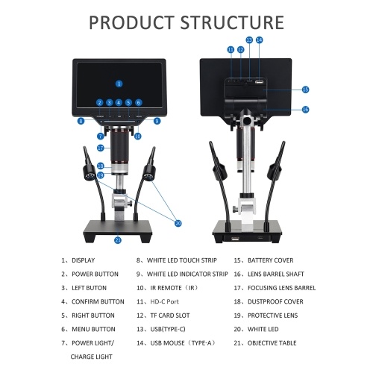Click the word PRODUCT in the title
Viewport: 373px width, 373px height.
(x=131, y=22)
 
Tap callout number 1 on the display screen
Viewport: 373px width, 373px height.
(x=119, y=84)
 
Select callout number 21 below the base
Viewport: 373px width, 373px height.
(x=118, y=240)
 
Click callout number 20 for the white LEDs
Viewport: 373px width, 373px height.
(x=178, y=223)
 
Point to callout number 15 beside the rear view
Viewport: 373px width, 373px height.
(x=305, y=90)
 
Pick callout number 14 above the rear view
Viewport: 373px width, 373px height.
(x=259, y=40)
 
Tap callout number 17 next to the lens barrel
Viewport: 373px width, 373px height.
(x=101, y=148)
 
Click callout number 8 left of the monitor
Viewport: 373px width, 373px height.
(x=81, y=121)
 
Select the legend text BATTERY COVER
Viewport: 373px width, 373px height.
(x=270, y=260)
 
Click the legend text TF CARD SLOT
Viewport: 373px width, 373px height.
(x=170, y=316)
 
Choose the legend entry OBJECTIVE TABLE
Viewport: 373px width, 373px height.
(x=272, y=343)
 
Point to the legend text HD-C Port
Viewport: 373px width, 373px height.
(x=164, y=301)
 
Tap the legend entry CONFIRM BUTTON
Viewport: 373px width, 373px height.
(x=98, y=301)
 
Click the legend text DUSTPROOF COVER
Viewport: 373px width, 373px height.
(x=275, y=301)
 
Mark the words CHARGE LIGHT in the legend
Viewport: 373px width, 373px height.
(x=91, y=357)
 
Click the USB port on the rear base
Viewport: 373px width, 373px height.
(x=235, y=239)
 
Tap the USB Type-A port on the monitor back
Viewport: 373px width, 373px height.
(x=259, y=82)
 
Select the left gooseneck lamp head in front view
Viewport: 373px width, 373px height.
(x=90, y=173)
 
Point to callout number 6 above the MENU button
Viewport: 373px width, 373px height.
(x=139, y=102)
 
